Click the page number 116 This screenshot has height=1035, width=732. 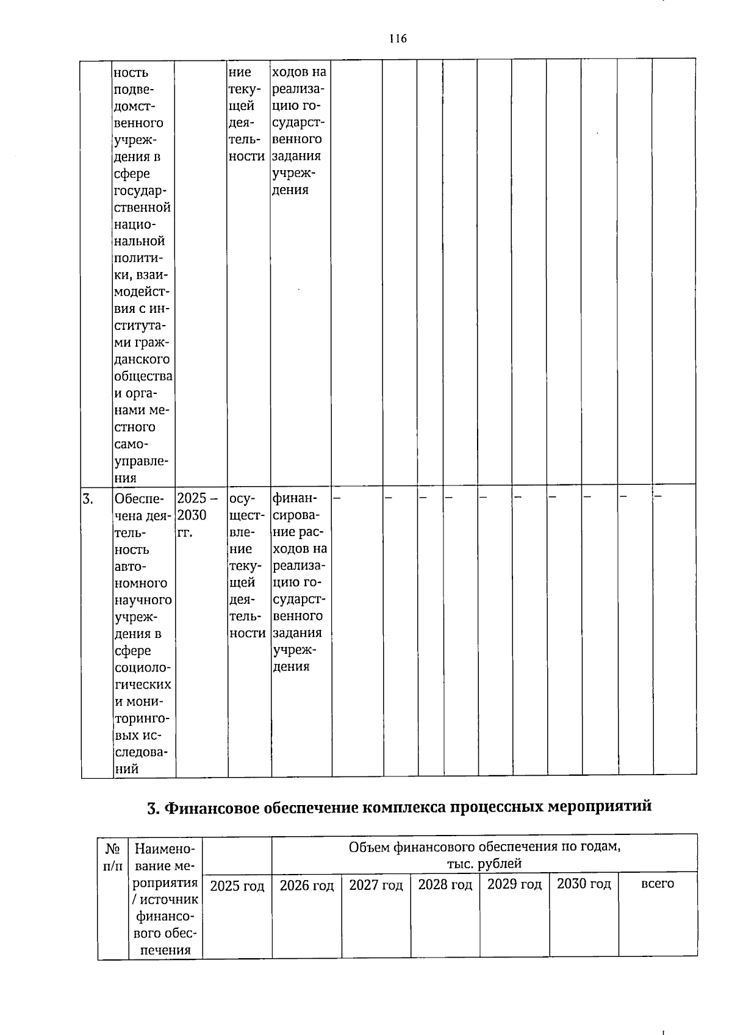(398, 39)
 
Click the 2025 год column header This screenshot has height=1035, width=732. (237, 886)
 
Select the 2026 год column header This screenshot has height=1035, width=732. (307, 886)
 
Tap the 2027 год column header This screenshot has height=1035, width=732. (376, 885)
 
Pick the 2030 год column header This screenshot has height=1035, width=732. (584, 884)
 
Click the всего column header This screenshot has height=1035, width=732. (658, 883)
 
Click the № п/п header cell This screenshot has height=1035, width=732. (113, 857)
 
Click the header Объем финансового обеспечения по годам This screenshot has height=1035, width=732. (485, 847)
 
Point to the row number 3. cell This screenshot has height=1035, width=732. (88, 499)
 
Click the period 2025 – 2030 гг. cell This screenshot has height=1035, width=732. (193, 515)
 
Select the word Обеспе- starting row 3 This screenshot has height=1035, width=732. (138, 499)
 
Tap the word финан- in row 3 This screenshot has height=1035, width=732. (292, 498)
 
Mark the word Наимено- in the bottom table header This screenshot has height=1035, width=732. (165, 848)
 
